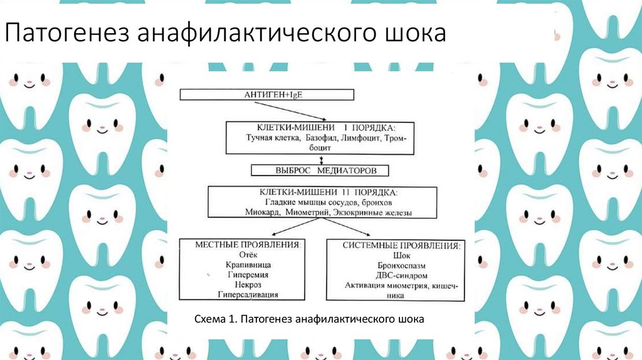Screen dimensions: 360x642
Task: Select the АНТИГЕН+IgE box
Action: click(x=267, y=95)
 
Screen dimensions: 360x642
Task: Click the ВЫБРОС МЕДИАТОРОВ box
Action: click(x=320, y=170)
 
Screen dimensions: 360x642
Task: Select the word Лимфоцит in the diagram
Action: click(x=355, y=137)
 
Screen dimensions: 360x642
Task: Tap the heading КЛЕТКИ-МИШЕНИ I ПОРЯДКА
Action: click(x=320, y=127)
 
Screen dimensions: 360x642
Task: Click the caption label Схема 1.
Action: click(x=214, y=319)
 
